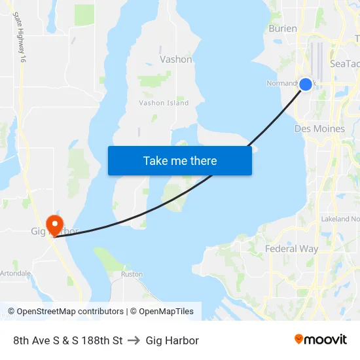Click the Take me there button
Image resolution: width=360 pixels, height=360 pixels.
click(179, 160)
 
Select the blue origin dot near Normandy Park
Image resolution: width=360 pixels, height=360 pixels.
click(305, 84)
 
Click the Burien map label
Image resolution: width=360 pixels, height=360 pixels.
click(283, 29)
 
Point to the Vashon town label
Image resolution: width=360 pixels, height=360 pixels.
click(176, 59)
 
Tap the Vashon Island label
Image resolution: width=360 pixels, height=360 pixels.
click(164, 103)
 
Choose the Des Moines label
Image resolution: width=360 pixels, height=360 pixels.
click(319, 129)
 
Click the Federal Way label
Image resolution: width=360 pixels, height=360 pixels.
click(291, 249)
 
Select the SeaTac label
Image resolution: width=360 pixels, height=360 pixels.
click(344, 63)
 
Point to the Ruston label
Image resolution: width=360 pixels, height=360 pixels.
click(132, 274)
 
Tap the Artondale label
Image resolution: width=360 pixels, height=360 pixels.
click(14, 273)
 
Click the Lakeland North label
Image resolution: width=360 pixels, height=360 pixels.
click(340, 219)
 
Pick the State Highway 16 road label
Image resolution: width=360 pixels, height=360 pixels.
click(19, 37)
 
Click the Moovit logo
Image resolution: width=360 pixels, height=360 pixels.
click(321, 339)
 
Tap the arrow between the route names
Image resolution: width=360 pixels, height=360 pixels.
click(134, 340)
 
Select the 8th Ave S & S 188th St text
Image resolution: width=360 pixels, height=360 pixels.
click(68, 340)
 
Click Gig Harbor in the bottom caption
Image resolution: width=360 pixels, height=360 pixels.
click(172, 340)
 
